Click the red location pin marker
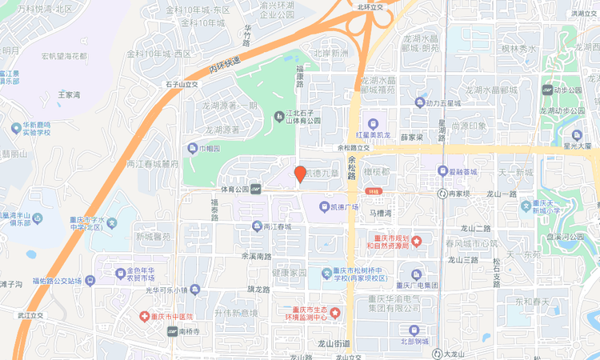[300, 174]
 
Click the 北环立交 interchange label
[371, 6]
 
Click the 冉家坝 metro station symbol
[442, 194]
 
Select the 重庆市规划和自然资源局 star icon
[416, 242]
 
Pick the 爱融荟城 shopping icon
[442, 170]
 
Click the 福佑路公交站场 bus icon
[90, 281]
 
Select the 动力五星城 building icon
[420, 102]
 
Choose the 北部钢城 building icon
[414, 330]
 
